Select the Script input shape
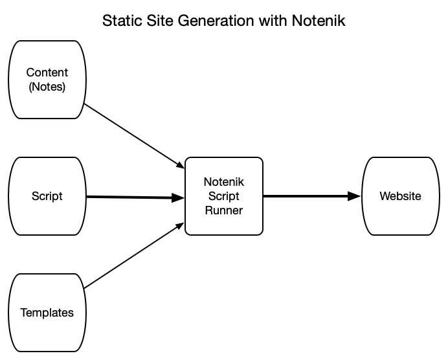[47, 196]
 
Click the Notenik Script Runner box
[224, 196]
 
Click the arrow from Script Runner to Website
[311, 196]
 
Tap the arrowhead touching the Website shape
[355, 196]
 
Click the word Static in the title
[119, 21]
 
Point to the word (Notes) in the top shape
[47, 86]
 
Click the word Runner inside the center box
[224, 210]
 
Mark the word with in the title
[274, 21]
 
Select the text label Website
[400, 196]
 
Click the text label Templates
[47, 313]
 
